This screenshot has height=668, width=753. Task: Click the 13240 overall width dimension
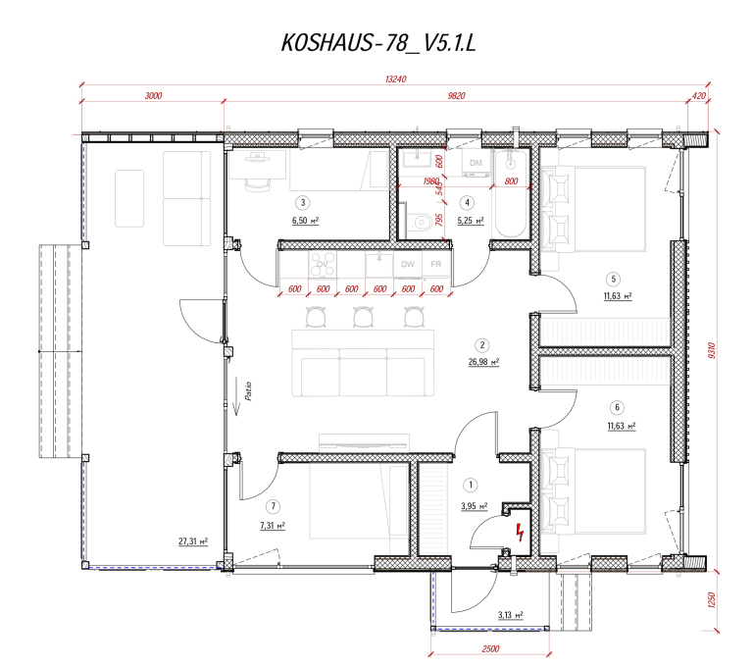point(395,79)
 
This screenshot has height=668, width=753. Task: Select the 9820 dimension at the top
point(455,96)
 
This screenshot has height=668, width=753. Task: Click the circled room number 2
point(481,345)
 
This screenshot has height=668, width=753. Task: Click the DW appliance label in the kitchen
point(407,265)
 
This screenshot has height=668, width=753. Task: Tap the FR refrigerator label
point(435,265)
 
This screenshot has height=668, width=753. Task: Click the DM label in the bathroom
point(476,162)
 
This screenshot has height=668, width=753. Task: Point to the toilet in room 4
point(421,223)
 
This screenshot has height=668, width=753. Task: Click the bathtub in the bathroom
point(510,196)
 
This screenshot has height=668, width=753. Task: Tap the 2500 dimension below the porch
point(490,649)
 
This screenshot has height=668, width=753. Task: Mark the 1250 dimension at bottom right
point(725,597)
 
